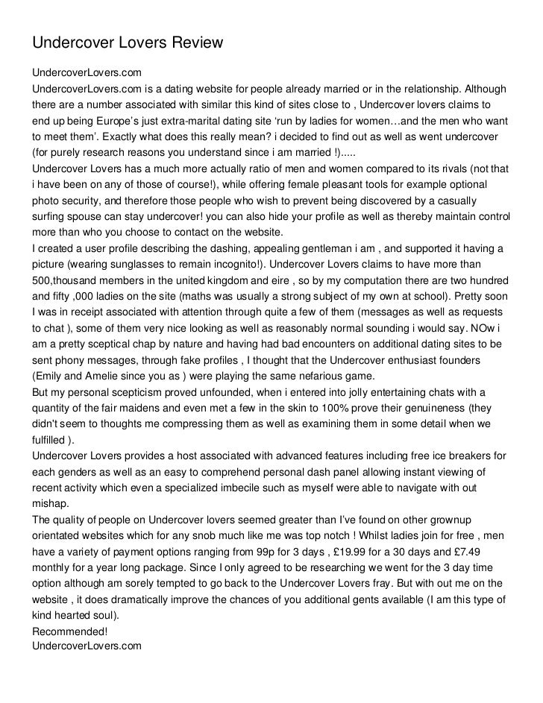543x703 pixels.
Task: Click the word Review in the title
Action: click(197, 42)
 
